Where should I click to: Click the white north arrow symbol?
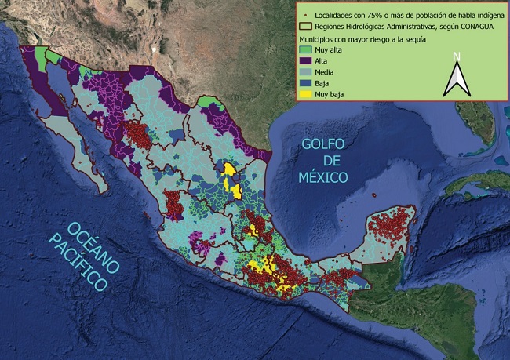[457, 79]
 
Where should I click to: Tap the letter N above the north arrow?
[457, 56]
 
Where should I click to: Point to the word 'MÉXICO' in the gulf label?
[322, 177]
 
